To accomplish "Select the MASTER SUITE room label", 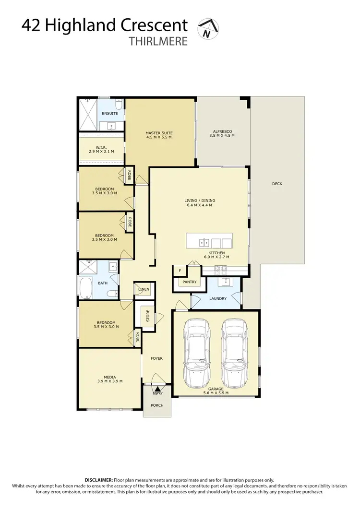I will point(159,133).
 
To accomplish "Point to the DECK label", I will point(277,184).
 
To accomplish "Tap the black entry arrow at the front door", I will point(157,389).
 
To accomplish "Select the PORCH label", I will point(157,405).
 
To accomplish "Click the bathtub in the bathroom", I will point(86,288).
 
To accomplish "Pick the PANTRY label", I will point(189,282).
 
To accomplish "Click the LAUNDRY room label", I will point(218,298).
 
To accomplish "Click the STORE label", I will point(148,317).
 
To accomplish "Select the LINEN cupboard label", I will point(144,289).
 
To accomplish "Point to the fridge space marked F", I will point(180,271).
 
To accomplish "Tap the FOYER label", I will point(156,358).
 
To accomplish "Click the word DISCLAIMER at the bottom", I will point(98,480).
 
